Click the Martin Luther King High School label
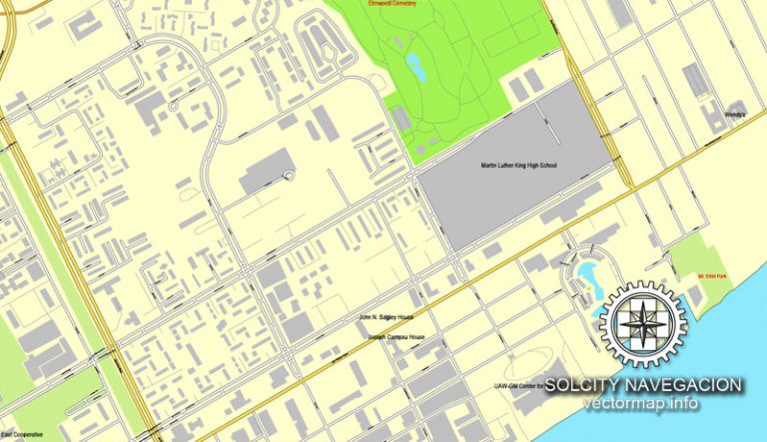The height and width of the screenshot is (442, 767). pos(517,165)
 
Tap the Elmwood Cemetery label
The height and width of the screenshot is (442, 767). pos(394,4)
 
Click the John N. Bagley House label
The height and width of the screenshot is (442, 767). pos(387,318)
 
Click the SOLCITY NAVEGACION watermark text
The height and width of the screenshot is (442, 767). pos(643,385)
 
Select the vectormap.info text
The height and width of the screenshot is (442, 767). pos(643,404)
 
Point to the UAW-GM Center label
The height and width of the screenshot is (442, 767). pos(518,386)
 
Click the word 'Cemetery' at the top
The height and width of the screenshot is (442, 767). pos(403,4)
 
